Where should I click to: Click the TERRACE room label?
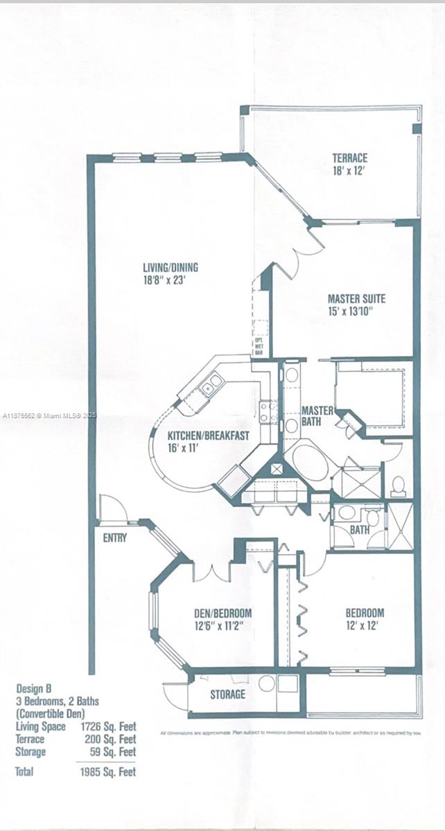tap(349, 158)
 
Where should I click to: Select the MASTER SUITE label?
tap(356, 299)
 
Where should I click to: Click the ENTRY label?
tap(114, 537)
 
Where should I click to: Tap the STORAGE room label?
tap(227, 694)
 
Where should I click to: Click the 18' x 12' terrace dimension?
tap(349, 170)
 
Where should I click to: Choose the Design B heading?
tap(35, 688)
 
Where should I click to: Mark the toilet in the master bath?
tap(398, 486)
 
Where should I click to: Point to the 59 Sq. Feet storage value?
tap(116, 751)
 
